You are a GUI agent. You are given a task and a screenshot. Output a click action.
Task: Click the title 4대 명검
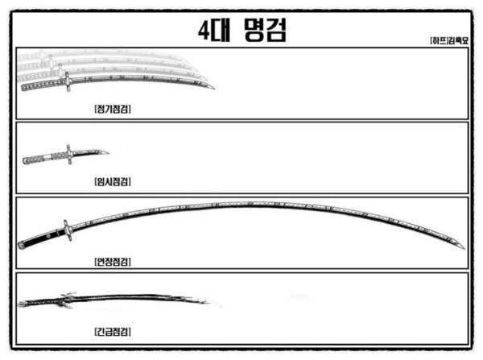242,30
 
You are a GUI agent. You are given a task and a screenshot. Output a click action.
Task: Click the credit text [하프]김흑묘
449,41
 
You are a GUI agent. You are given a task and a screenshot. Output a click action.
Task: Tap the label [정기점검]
113,109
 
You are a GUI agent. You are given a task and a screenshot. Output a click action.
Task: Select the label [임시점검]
113,181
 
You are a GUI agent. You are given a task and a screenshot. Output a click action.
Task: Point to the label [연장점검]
113,262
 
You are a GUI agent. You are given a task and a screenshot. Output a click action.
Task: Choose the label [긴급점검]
113,332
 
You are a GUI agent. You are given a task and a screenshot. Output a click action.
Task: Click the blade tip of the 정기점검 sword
214,89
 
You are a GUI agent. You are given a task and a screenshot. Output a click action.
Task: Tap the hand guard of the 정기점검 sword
68,81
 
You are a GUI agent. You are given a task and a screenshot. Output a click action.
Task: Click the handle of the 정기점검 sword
43,85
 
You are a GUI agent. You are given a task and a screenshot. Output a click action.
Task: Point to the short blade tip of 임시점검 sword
108,151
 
